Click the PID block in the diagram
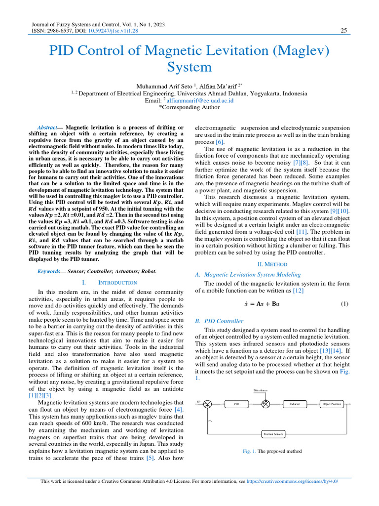click(236, 404)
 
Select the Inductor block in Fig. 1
click(294, 404)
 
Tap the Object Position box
click(331, 404)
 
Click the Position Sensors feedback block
click(273, 434)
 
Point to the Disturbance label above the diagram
click(260, 390)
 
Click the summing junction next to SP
click(208, 404)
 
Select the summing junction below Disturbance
click(266, 404)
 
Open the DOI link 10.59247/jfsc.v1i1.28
click(113, 31)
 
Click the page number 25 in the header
click(344, 31)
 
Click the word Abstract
click(48, 127)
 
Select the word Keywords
click(49, 271)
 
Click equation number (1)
click(344, 303)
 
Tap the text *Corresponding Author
click(189, 107)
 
